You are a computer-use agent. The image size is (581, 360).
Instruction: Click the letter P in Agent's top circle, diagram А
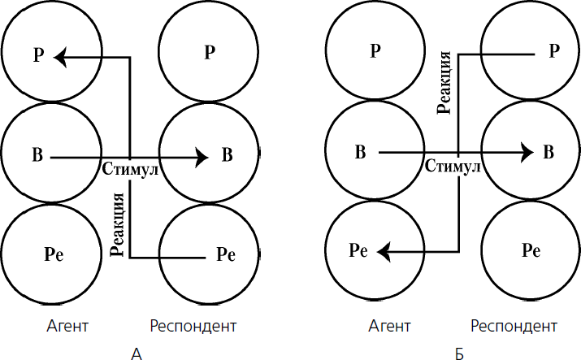[x=37, y=56]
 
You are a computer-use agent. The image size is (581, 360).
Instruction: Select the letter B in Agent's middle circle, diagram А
[x=37, y=154]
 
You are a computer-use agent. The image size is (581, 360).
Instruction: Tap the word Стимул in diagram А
[x=130, y=170]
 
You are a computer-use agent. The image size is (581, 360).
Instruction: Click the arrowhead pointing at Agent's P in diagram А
[x=61, y=56]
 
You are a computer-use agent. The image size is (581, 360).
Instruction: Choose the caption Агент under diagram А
[x=67, y=327]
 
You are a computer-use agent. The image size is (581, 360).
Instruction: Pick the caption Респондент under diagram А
[x=193, y=327]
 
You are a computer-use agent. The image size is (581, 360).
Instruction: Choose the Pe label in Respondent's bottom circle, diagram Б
[x=531, y=250]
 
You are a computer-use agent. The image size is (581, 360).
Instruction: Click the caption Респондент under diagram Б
[x=514, y=327]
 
